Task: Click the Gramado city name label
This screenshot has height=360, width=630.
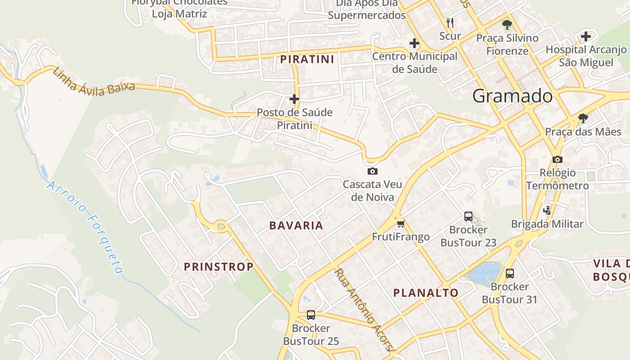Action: click(x=513, y=96)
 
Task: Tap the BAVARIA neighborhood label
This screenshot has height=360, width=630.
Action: click(x=296, y=225)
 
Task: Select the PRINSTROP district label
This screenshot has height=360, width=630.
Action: click(x=219, y=266)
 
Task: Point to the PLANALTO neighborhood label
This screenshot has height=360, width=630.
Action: click(x=426, y=292)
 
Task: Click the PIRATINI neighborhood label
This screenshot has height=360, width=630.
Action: click(x=307, y=59)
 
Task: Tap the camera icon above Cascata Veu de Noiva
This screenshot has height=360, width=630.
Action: click(x=373, y=171)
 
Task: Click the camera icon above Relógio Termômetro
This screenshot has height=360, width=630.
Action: click(x=558, y=159)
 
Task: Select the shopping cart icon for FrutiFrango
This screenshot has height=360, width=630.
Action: click(x=400, y=223)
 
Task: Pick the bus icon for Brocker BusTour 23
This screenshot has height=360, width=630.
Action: click(x=468, y=216)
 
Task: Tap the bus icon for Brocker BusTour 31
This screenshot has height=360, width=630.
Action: click(x=510, y=273)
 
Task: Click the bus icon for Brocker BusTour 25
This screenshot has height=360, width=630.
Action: click(x=310, y=315)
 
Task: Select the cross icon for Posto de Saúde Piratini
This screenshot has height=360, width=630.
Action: click(x=294, y=99)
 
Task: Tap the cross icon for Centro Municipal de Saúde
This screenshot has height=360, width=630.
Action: click(x=414, y=43)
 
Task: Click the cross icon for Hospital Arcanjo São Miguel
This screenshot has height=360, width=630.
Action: click(x=586, y=36)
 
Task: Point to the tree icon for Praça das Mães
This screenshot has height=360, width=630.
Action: click(x=583, y=118)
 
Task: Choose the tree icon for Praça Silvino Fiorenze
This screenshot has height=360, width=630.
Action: click(x=507, y=24)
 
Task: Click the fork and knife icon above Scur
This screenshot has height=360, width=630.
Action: click(x=450, y=22)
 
